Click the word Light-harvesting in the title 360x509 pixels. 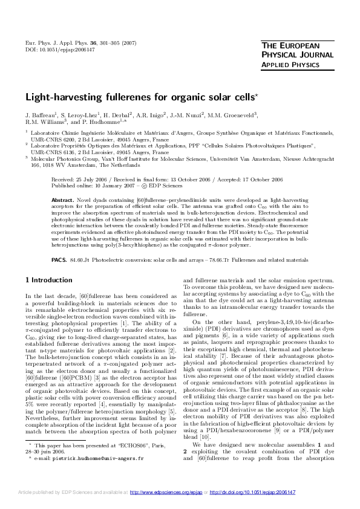click(x=59, y=97)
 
